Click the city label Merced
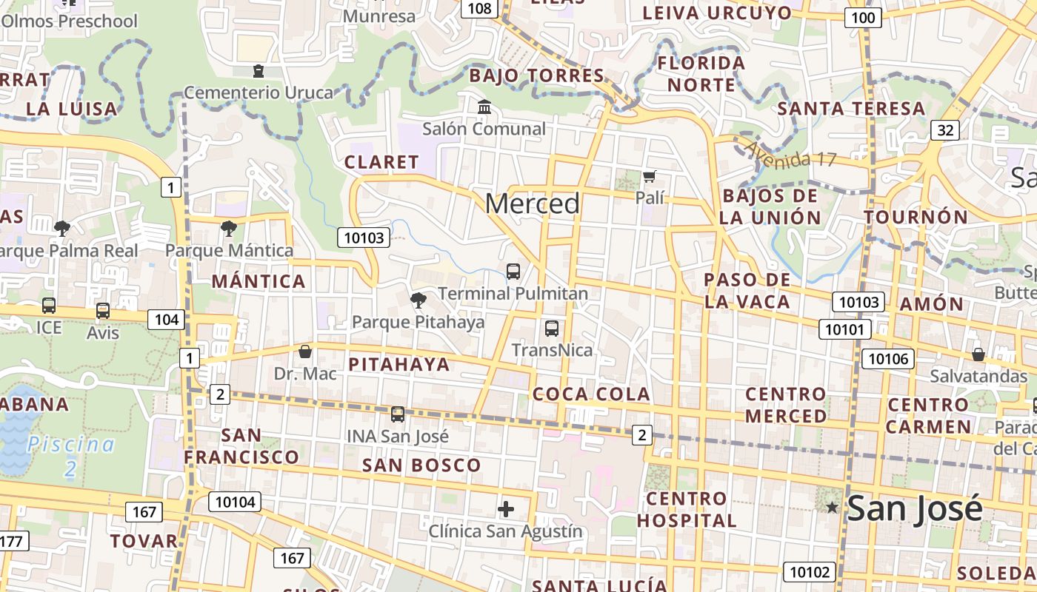tap(533, 203)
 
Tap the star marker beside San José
tap(833, 508)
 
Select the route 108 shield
tap(480, 8)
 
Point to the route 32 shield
tap(945, 130)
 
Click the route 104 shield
tap(166, 320)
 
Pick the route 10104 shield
tap(236, 502)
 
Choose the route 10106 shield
tap(888, 359)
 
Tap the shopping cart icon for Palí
tap(650, 177)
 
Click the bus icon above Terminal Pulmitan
tap(513, 272)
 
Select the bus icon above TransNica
tap(552, 329)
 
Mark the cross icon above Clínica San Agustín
tap(506, 509)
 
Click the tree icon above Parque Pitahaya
tap(419, 300)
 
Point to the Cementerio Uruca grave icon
tap(259, 71)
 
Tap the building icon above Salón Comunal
tap(484, 107)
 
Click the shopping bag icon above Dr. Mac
tap(305, 351)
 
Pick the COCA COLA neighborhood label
tap(592, 394)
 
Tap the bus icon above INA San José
tap(398, 414)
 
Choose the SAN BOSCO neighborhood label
tap(421, 465)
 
